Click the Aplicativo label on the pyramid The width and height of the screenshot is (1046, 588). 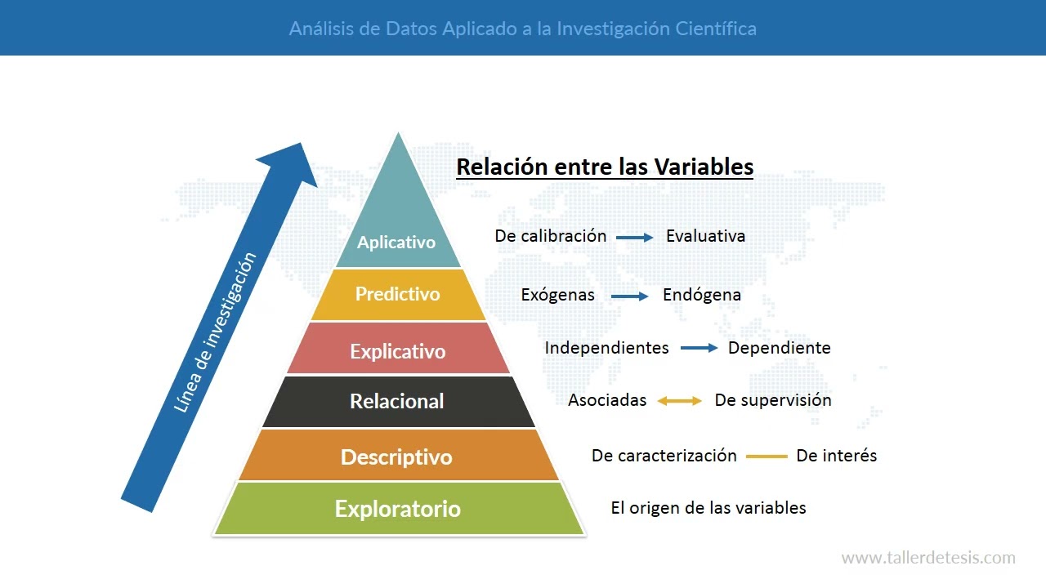396,243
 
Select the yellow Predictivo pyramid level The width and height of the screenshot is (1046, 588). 398,294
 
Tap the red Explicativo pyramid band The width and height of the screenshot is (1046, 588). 398,351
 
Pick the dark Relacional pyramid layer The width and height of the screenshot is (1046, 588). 397,401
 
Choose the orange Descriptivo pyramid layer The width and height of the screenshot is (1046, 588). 396,457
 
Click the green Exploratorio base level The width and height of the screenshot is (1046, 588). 398,509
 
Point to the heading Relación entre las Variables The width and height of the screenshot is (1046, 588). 605,167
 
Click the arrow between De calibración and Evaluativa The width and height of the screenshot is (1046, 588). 635,238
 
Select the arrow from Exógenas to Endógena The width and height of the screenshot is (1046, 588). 630,296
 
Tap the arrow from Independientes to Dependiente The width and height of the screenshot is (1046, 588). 699,349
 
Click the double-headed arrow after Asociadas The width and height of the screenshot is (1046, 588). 680,401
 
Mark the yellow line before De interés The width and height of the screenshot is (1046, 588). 767,457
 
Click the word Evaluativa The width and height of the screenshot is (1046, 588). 705,237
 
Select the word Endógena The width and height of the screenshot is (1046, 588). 702,295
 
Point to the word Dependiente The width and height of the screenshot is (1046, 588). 779,348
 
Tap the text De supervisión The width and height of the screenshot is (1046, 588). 773,400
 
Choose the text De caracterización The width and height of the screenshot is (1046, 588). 664,456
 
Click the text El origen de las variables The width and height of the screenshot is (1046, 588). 709,508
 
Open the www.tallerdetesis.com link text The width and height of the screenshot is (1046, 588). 928,559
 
